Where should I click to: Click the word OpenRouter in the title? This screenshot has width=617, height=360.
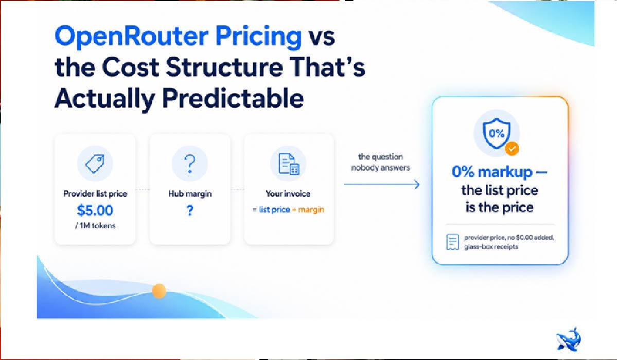pos(131,36)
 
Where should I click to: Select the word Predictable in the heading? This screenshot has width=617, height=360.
pos(233,98)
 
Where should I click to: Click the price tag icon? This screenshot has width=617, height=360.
pos(95,164)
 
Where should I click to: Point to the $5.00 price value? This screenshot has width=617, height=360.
pos(95,210)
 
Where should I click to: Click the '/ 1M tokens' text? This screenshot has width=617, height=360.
pos(95,225)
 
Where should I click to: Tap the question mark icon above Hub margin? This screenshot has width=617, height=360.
pos(190,164)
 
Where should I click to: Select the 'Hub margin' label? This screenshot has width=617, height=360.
pos(190,193)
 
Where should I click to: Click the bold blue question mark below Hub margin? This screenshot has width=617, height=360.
pos(190,210)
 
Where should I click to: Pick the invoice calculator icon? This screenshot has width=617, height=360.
pos(289,164)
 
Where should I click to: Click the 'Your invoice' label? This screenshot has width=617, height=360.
pos(288,193)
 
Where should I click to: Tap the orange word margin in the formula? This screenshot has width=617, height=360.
pos(311,210)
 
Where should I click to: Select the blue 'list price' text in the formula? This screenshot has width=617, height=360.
pos(274,209)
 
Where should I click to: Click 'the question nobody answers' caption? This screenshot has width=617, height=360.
pos(380,162)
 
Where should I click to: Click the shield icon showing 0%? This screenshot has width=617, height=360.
pos(497,133)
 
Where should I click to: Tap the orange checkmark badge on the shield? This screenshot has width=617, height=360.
pos(512,149)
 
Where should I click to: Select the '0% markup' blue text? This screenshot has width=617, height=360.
pos(492,172)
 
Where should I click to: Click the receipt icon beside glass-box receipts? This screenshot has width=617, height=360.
pos(452,242)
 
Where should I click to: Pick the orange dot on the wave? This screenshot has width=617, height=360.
pos(159,291)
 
